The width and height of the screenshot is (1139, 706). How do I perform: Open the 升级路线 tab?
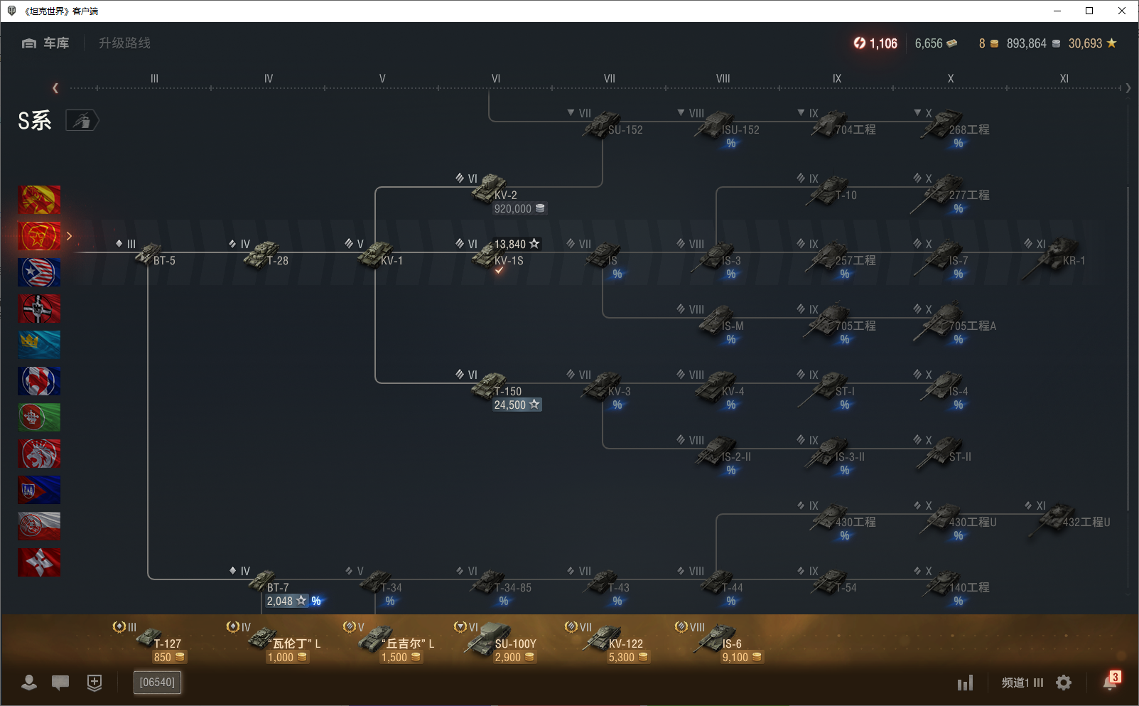point(124,43)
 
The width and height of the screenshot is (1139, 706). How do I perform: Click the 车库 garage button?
point(46,43)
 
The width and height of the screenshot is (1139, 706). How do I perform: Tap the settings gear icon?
point(1064,683)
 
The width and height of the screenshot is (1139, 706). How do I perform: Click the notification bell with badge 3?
point(1110,682)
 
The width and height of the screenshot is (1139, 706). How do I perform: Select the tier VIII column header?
point(723,79)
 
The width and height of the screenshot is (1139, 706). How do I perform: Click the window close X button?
point(1122,11)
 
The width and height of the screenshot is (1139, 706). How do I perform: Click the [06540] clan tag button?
point(157,683)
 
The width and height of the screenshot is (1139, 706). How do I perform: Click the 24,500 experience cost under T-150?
point(517,405)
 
